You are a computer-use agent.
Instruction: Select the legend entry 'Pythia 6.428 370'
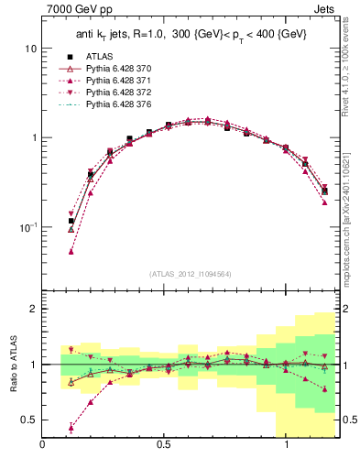click(113, 69)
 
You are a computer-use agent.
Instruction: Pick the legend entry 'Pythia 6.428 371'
click(113, 82)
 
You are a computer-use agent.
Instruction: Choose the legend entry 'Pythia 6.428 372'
click(113, 94)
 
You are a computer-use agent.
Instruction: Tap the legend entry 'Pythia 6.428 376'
click(113, 107)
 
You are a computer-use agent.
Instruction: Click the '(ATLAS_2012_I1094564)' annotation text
click(191, 274)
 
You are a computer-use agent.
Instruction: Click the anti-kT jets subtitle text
click(191, 34)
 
